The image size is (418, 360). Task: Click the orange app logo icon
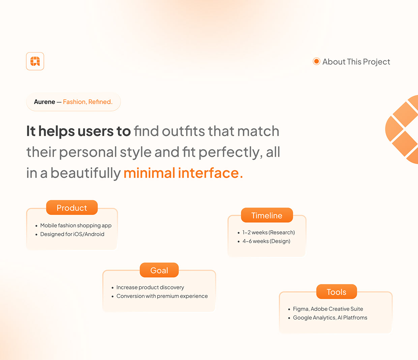35,61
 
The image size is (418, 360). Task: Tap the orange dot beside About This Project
316,61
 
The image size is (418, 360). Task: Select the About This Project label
356,62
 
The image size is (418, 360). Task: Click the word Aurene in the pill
44,102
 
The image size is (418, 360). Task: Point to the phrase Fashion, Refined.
88,102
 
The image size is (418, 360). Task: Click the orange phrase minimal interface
183,173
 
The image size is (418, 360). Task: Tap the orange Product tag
72,208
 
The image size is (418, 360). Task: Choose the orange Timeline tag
267,215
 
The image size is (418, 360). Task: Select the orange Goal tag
159,270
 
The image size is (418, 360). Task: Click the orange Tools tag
336,292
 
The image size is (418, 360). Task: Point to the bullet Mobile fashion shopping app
76,225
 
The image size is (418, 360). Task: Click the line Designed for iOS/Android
72,234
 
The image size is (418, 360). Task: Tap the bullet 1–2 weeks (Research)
268,232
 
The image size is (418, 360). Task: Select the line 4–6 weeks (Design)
266,241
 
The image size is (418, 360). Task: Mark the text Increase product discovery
150,287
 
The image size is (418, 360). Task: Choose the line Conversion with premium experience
162,296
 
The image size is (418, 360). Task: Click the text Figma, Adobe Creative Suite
328,309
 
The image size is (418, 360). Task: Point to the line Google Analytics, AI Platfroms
330,318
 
